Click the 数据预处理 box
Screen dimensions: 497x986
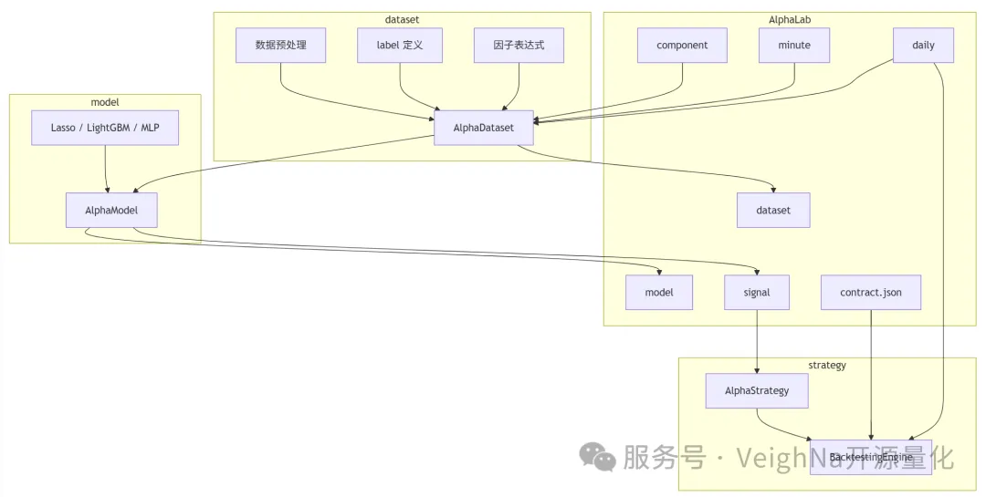click(281, 46)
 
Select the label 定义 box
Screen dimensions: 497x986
click(399, 46)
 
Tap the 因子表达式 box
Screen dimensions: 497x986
click(519, 46)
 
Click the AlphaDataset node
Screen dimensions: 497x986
click(484, 129)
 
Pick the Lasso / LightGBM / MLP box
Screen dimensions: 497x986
click(105, 129)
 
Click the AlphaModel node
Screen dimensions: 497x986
click(112, 211)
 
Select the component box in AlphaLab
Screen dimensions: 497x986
click(682, 46)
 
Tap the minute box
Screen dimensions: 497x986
click(794, 46)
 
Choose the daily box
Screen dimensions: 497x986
click(923, 46)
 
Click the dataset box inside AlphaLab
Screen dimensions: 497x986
click(773, 211)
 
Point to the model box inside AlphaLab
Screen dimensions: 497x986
click(659, 293)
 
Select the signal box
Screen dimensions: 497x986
click(757, 293)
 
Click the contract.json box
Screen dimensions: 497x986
click(871, 293)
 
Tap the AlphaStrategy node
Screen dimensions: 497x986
click(757, 391)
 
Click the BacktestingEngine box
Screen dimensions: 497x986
click(871, 457)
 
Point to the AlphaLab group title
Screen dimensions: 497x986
click(790, 18)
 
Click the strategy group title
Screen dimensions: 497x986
click(827, 365)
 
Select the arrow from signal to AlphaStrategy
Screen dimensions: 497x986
click(757, 342)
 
